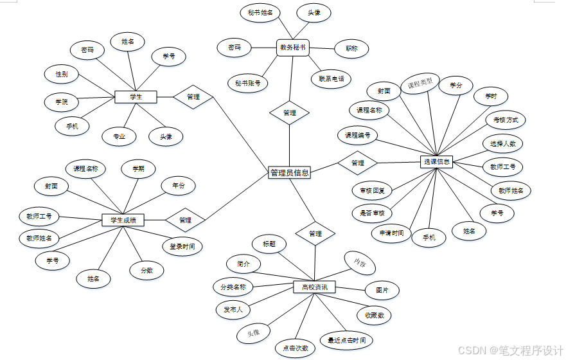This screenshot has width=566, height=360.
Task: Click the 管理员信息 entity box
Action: click(x=289, y=172)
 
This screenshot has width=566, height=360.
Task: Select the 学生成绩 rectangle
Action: click(x=123, y=220)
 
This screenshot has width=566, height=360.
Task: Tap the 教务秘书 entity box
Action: click(x=292, y=47)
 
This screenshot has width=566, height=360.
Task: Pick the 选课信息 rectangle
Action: click(x=437, y=162)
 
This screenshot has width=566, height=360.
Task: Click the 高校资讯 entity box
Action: click(x=314, y=287)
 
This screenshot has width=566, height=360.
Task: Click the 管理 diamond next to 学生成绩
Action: click(x=185, y=220)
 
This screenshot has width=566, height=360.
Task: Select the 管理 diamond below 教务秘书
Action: click(x=289, y=113)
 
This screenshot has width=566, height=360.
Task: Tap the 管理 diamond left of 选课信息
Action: click(x=357, y=163)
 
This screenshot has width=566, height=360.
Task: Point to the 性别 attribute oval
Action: click(x=62, y=75)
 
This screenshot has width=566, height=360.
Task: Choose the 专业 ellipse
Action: click(x=119, y=136)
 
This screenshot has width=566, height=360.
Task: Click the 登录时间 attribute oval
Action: click(x=182, y=246)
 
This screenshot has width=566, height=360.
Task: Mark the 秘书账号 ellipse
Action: click(x=247, y=83)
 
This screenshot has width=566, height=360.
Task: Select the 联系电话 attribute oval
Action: click(x=331, y=80)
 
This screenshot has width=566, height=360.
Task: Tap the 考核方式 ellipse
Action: click(x=506, y=120)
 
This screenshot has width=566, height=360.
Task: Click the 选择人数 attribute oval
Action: click(x=502, y=143)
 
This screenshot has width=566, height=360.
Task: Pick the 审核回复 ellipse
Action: click(x=372, y=190)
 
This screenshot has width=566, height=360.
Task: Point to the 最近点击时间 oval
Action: click(x=346, y=340)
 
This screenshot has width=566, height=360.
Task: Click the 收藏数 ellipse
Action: click(x=375, y=315)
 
